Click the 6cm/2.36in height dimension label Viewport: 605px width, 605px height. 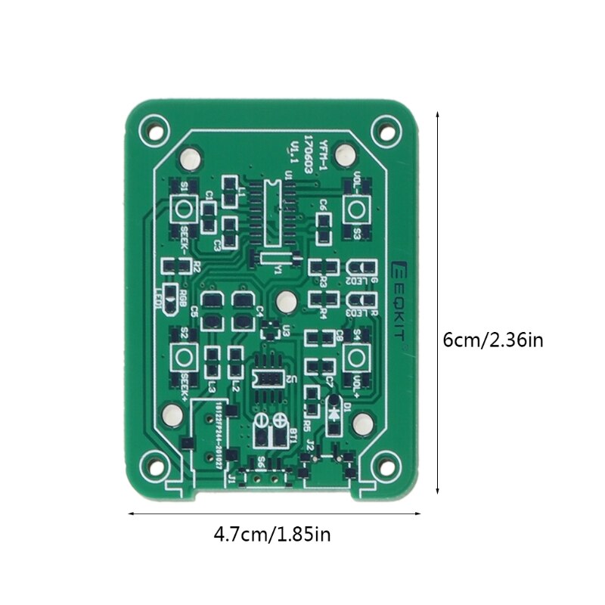point(492,340)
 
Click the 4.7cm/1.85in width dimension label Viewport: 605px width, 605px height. point(272,535)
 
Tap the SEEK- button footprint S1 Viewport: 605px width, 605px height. point(183,209)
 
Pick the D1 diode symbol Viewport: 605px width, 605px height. point(334,412)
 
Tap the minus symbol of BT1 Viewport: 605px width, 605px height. point(260,420)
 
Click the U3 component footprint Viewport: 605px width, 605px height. point(270,330)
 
